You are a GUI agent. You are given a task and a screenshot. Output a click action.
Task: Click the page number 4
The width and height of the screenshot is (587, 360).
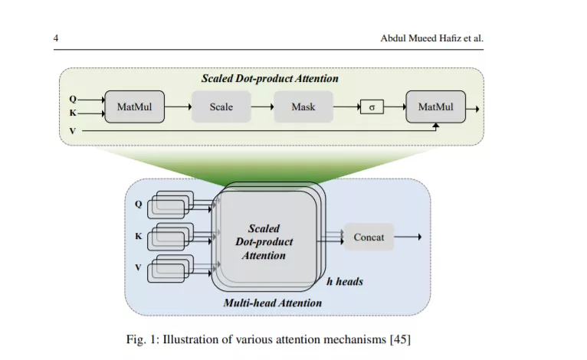[56, 38]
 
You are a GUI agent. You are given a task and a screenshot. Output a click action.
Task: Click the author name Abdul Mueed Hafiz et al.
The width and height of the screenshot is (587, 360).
[432, 38]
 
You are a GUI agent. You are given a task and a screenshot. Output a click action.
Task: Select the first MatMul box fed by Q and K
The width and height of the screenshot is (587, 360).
[134, 106]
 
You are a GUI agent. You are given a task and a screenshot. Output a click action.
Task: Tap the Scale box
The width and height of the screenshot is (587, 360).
[221, 106]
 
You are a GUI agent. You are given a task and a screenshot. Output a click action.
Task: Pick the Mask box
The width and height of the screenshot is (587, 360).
[303, 106]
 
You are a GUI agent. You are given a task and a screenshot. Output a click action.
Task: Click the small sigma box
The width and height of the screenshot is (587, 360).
[372, 107]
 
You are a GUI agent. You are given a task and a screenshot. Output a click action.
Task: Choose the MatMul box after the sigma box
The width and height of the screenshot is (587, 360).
[436, 106]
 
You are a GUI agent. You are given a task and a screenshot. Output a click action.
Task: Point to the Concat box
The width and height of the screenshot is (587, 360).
[369, 237]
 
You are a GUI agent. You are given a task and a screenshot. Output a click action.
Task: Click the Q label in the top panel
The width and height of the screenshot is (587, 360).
[73, 99]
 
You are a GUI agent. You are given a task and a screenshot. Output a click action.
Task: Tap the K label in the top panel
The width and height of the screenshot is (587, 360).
[73, 113]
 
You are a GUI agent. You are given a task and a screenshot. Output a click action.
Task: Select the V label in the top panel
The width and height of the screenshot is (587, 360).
[73, 131]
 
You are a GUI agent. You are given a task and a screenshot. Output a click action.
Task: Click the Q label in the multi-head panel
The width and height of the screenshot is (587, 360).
[138, 205]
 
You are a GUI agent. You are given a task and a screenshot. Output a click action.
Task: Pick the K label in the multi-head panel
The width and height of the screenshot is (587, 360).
[139, 236]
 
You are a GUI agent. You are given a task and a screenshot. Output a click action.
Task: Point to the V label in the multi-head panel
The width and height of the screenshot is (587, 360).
[138, 267]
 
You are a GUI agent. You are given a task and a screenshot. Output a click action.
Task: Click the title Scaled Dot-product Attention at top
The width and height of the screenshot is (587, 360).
[270, 79]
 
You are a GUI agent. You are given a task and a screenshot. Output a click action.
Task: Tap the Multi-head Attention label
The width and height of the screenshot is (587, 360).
[273, 303]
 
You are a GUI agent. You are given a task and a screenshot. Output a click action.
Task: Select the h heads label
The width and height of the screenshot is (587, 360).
[345, 281]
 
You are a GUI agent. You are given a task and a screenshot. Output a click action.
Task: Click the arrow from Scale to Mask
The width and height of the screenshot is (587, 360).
[262, 107]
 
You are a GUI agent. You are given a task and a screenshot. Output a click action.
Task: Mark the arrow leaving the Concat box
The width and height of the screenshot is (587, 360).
[408, 237]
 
